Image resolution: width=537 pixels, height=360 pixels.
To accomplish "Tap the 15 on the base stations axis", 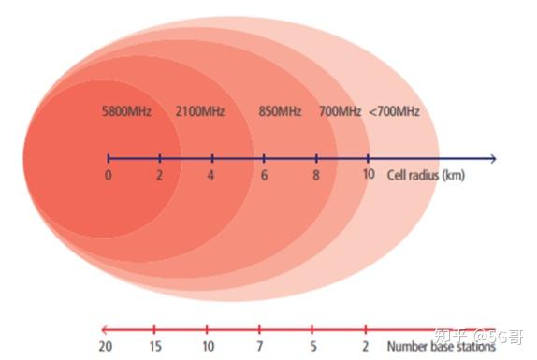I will point(156,347).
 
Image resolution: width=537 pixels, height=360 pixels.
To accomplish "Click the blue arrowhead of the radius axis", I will point(492,159).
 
